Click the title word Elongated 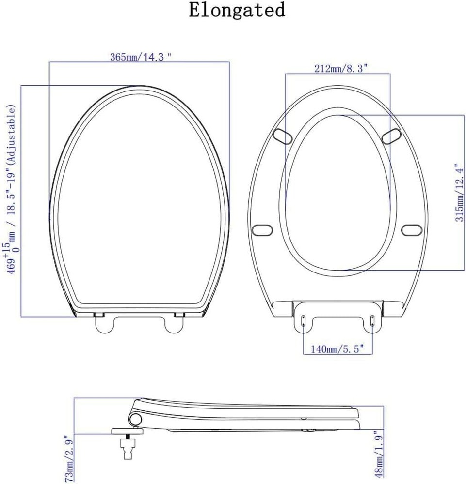pos(237,10)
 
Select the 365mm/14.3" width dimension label pos(141,57)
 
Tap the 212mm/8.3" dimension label pos(341,68)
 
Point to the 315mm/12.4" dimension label pos(460,193)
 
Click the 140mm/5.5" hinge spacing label pos(337,349)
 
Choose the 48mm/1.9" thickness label pos(379,454)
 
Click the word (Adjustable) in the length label pos(11,134)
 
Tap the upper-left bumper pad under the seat pos(283,136)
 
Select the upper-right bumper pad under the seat pos(391,136)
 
